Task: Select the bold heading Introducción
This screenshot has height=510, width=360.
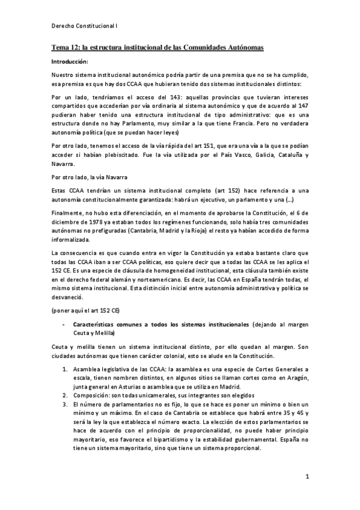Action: [x=70, y=61]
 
